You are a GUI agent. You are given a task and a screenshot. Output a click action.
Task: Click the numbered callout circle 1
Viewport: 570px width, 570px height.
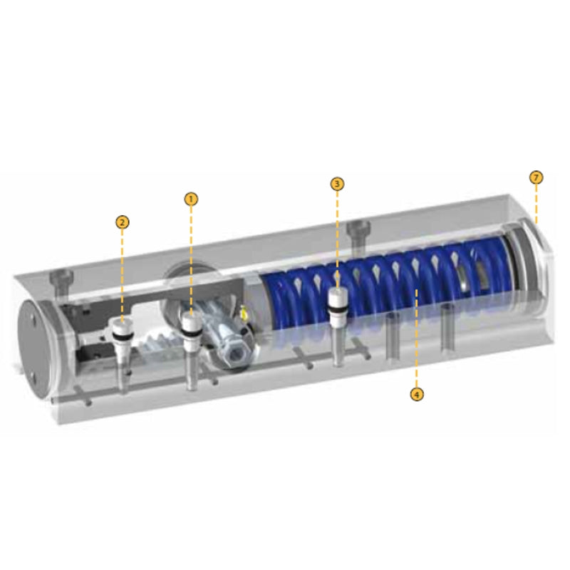(x=191, y=199)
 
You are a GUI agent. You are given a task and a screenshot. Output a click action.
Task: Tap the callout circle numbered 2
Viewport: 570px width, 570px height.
(x=122, y=222)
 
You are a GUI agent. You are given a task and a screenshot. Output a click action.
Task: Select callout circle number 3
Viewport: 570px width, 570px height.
(x=337, y=184)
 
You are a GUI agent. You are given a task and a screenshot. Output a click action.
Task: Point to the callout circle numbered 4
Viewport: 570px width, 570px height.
(x=417, y=394)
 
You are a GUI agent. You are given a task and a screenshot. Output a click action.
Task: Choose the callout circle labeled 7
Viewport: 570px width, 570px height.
(x=537, y=177)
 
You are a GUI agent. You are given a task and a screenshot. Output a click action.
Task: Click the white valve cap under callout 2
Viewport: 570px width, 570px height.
(x=121, y=326)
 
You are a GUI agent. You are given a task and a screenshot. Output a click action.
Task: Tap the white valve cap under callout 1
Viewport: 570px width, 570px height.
(x=191, y=321)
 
